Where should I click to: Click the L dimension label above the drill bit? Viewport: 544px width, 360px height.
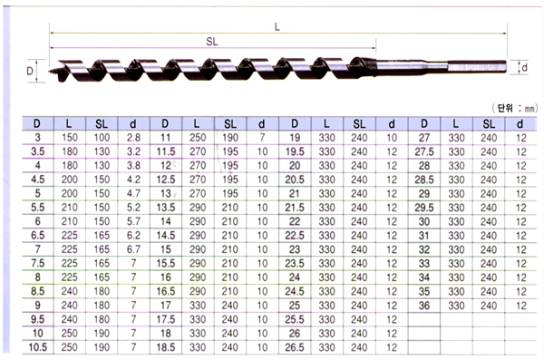tap(277, 26)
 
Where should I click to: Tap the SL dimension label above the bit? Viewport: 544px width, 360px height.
tap(211, 42)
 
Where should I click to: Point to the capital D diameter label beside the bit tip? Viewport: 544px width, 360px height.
tap(30, 71)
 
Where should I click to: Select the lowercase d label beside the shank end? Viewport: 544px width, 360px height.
tap(525, 67)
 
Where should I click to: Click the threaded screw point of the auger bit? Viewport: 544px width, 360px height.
tap(53, 73)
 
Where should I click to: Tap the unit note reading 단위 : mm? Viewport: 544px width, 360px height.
tap(515, 108)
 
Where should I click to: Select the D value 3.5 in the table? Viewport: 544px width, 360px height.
tap(37, 151)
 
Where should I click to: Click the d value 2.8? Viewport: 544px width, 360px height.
tap(133, 138)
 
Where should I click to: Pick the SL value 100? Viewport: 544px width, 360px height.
tap(102, 138)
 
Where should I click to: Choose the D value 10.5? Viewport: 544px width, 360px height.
tap(37, 347)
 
